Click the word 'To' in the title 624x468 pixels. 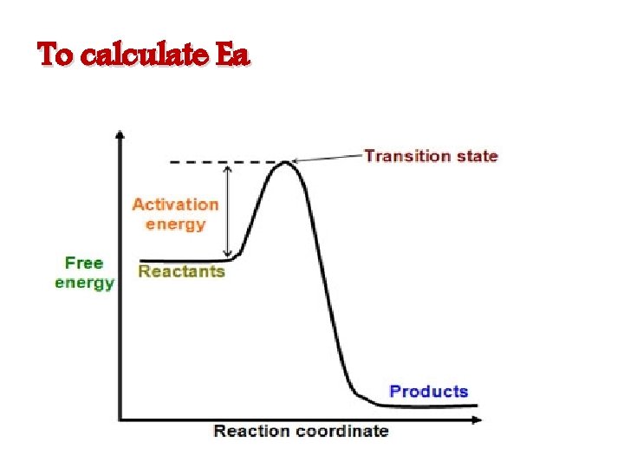coord(58,56)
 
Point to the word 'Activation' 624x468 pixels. coord(175,205)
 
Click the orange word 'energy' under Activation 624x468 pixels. coord(175,224)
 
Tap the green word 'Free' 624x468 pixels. coord(84,263)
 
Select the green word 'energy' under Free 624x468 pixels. coord(84,283)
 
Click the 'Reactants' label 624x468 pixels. coord(181,271)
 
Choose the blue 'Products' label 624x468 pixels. coord(428,391)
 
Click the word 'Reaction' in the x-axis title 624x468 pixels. coord(252,431)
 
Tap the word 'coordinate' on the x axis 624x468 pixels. coord(341,431)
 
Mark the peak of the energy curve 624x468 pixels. coord(284,163)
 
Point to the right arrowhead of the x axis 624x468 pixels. coord(478,419)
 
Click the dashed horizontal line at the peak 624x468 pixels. coord(217,162)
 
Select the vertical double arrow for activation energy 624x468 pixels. coord(227,210)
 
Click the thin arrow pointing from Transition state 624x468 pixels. coord(328,158)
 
